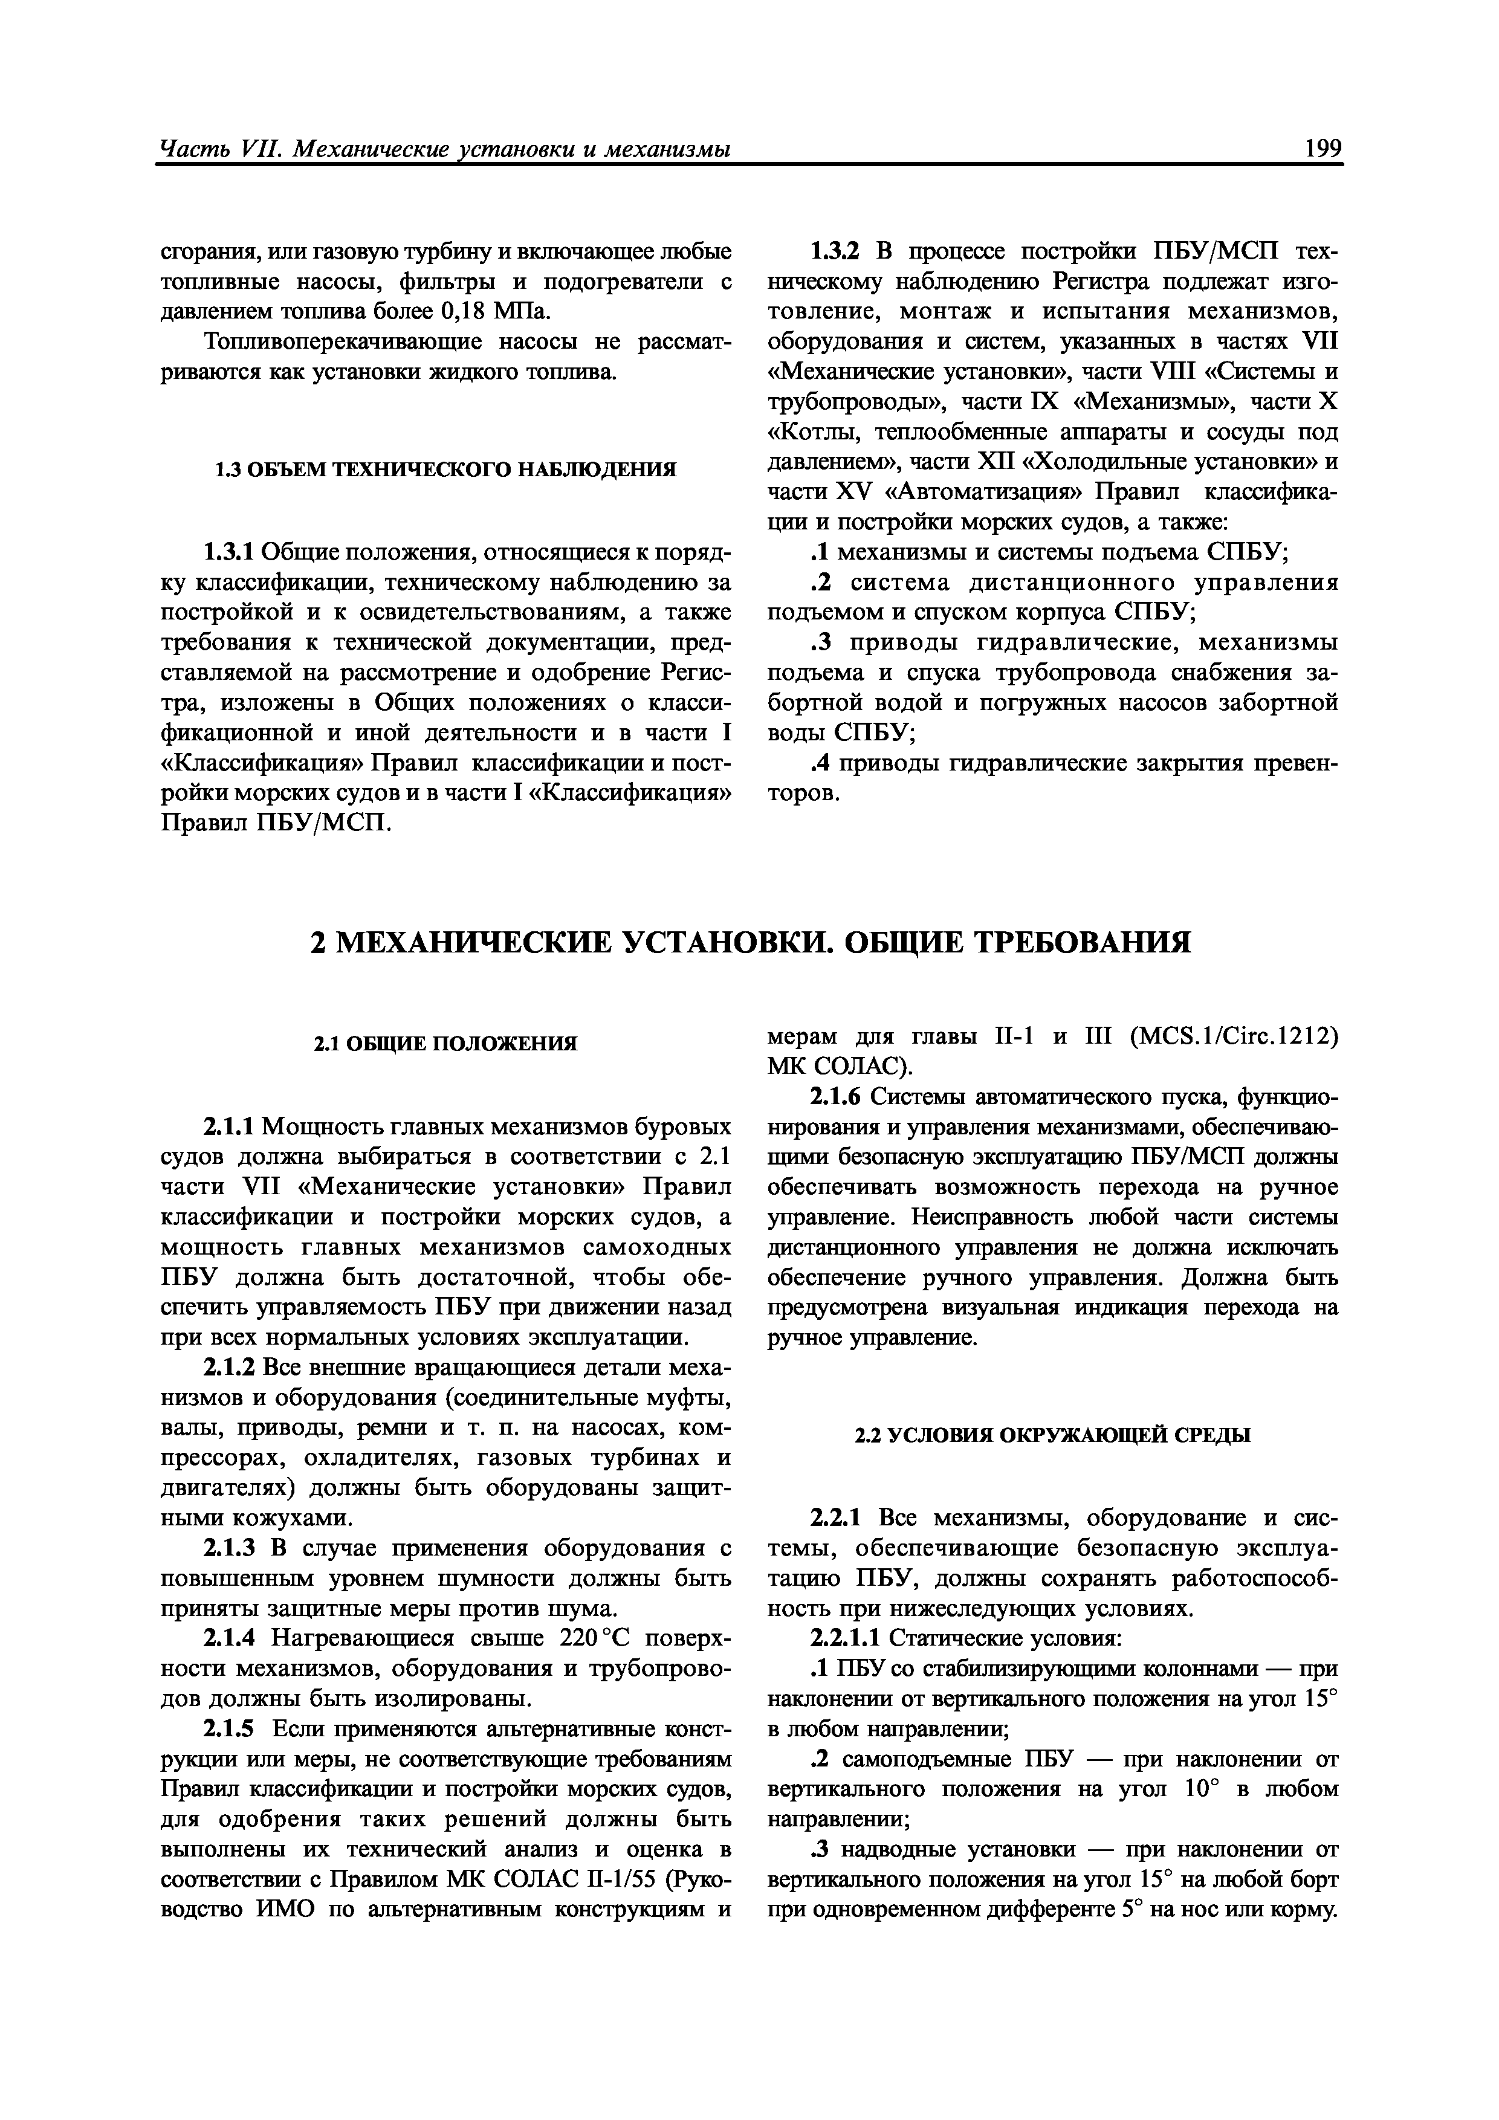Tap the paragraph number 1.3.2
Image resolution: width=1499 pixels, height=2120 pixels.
click(x=834, y=251)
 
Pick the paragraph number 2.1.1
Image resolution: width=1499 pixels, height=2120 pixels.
click(x=227, y=1128)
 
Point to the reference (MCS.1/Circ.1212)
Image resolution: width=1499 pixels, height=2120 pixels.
click(x=1234, y=1037)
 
